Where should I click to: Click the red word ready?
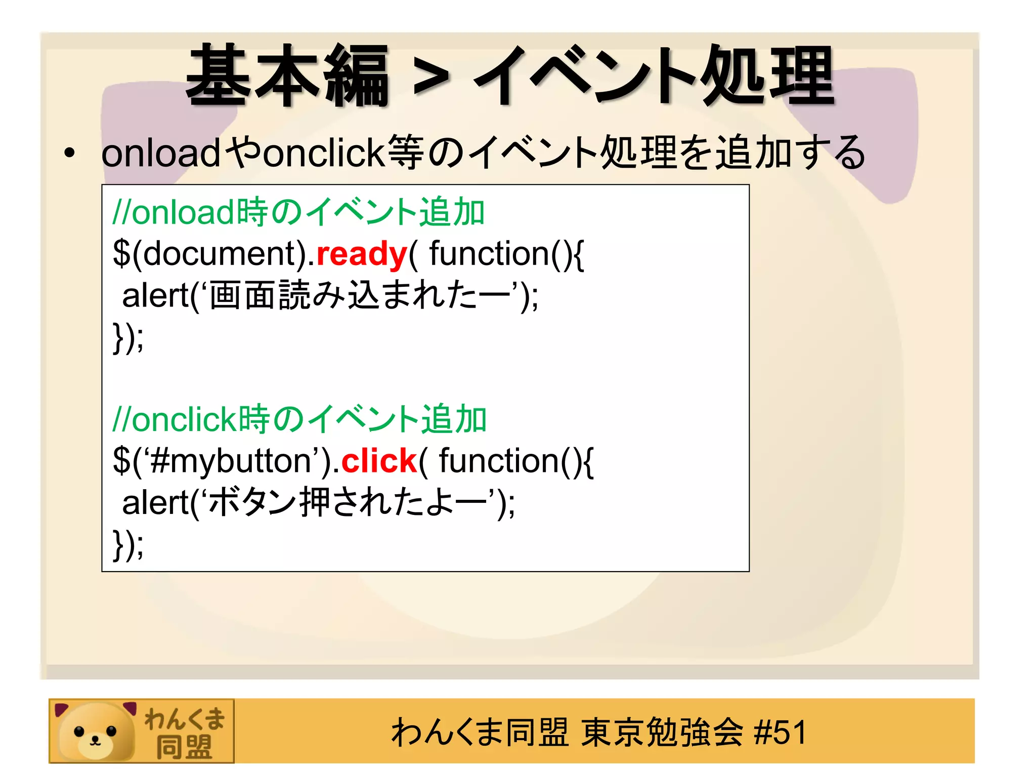click(x=362, y=254)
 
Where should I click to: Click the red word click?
click(x=379, y=461)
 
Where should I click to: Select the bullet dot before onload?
click(x=70, y=153)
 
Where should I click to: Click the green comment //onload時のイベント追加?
click(x=298, y=212)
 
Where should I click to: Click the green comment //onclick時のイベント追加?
click(x=299, y=419)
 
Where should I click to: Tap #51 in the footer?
click(x=780, y=732)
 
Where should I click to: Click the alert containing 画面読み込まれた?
click(x=330, y=296)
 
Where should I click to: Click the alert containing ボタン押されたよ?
click(x=318, y=503)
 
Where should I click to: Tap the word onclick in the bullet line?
click(x=324, y=153)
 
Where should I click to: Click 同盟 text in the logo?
click(x=184, y=747)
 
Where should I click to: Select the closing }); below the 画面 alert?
click(x=128, y=337)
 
